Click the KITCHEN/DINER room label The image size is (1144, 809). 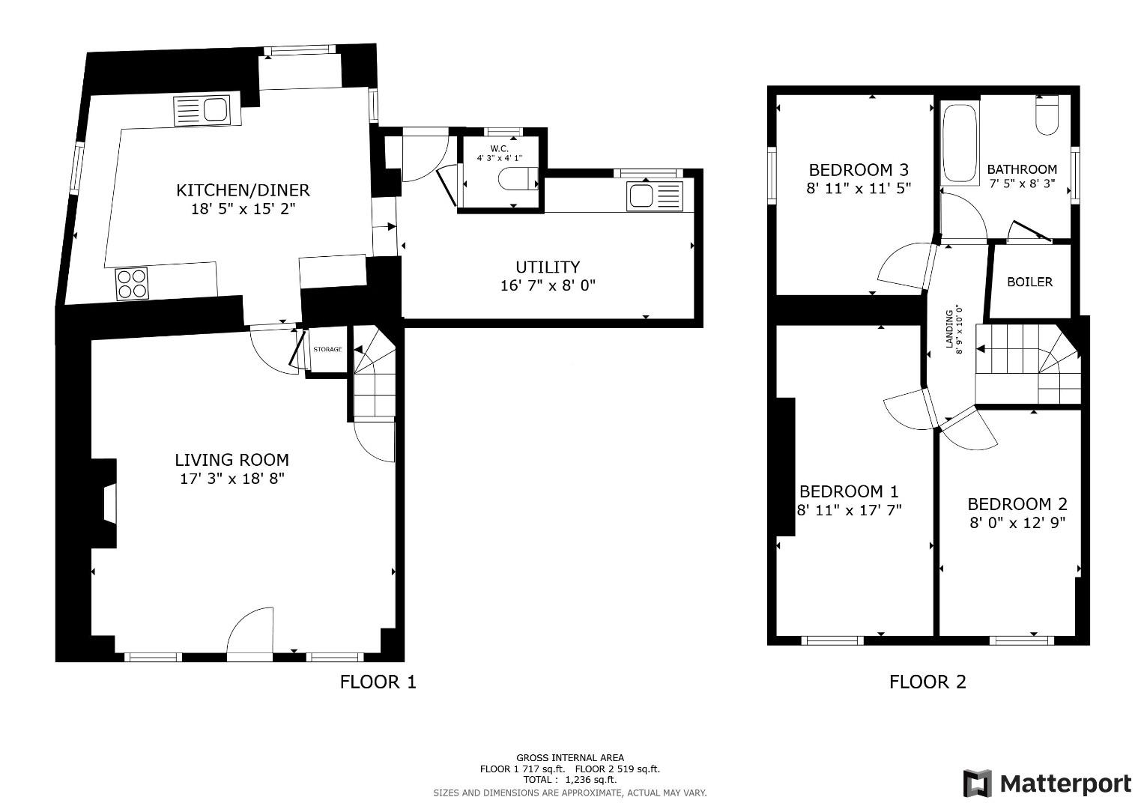[x=243, y=190]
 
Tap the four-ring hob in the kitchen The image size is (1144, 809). [x=133, y=284]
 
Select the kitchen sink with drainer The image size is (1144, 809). [x=202, y=110]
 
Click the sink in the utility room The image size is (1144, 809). [x=656, y=196]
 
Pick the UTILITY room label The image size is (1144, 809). [x=548, y=267]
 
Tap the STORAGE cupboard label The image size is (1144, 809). [x=327, y=349]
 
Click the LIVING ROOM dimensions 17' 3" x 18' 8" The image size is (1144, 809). [x=232, y=479]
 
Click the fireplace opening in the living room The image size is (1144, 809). [x=110, y=504]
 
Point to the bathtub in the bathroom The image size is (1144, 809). [x=960, y=144]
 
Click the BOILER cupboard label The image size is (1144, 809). [x=1029, y=282]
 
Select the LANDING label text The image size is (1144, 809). [x=950, y=330]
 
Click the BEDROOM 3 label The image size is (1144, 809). [x=859, y=169]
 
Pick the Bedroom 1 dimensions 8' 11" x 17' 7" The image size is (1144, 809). [x=850, y=510]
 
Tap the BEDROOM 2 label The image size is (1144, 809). [x=1017, y=505]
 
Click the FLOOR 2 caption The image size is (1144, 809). [x=927, y=682]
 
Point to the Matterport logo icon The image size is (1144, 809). [x=977, y=784]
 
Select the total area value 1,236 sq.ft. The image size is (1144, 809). [x=591, y=780]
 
